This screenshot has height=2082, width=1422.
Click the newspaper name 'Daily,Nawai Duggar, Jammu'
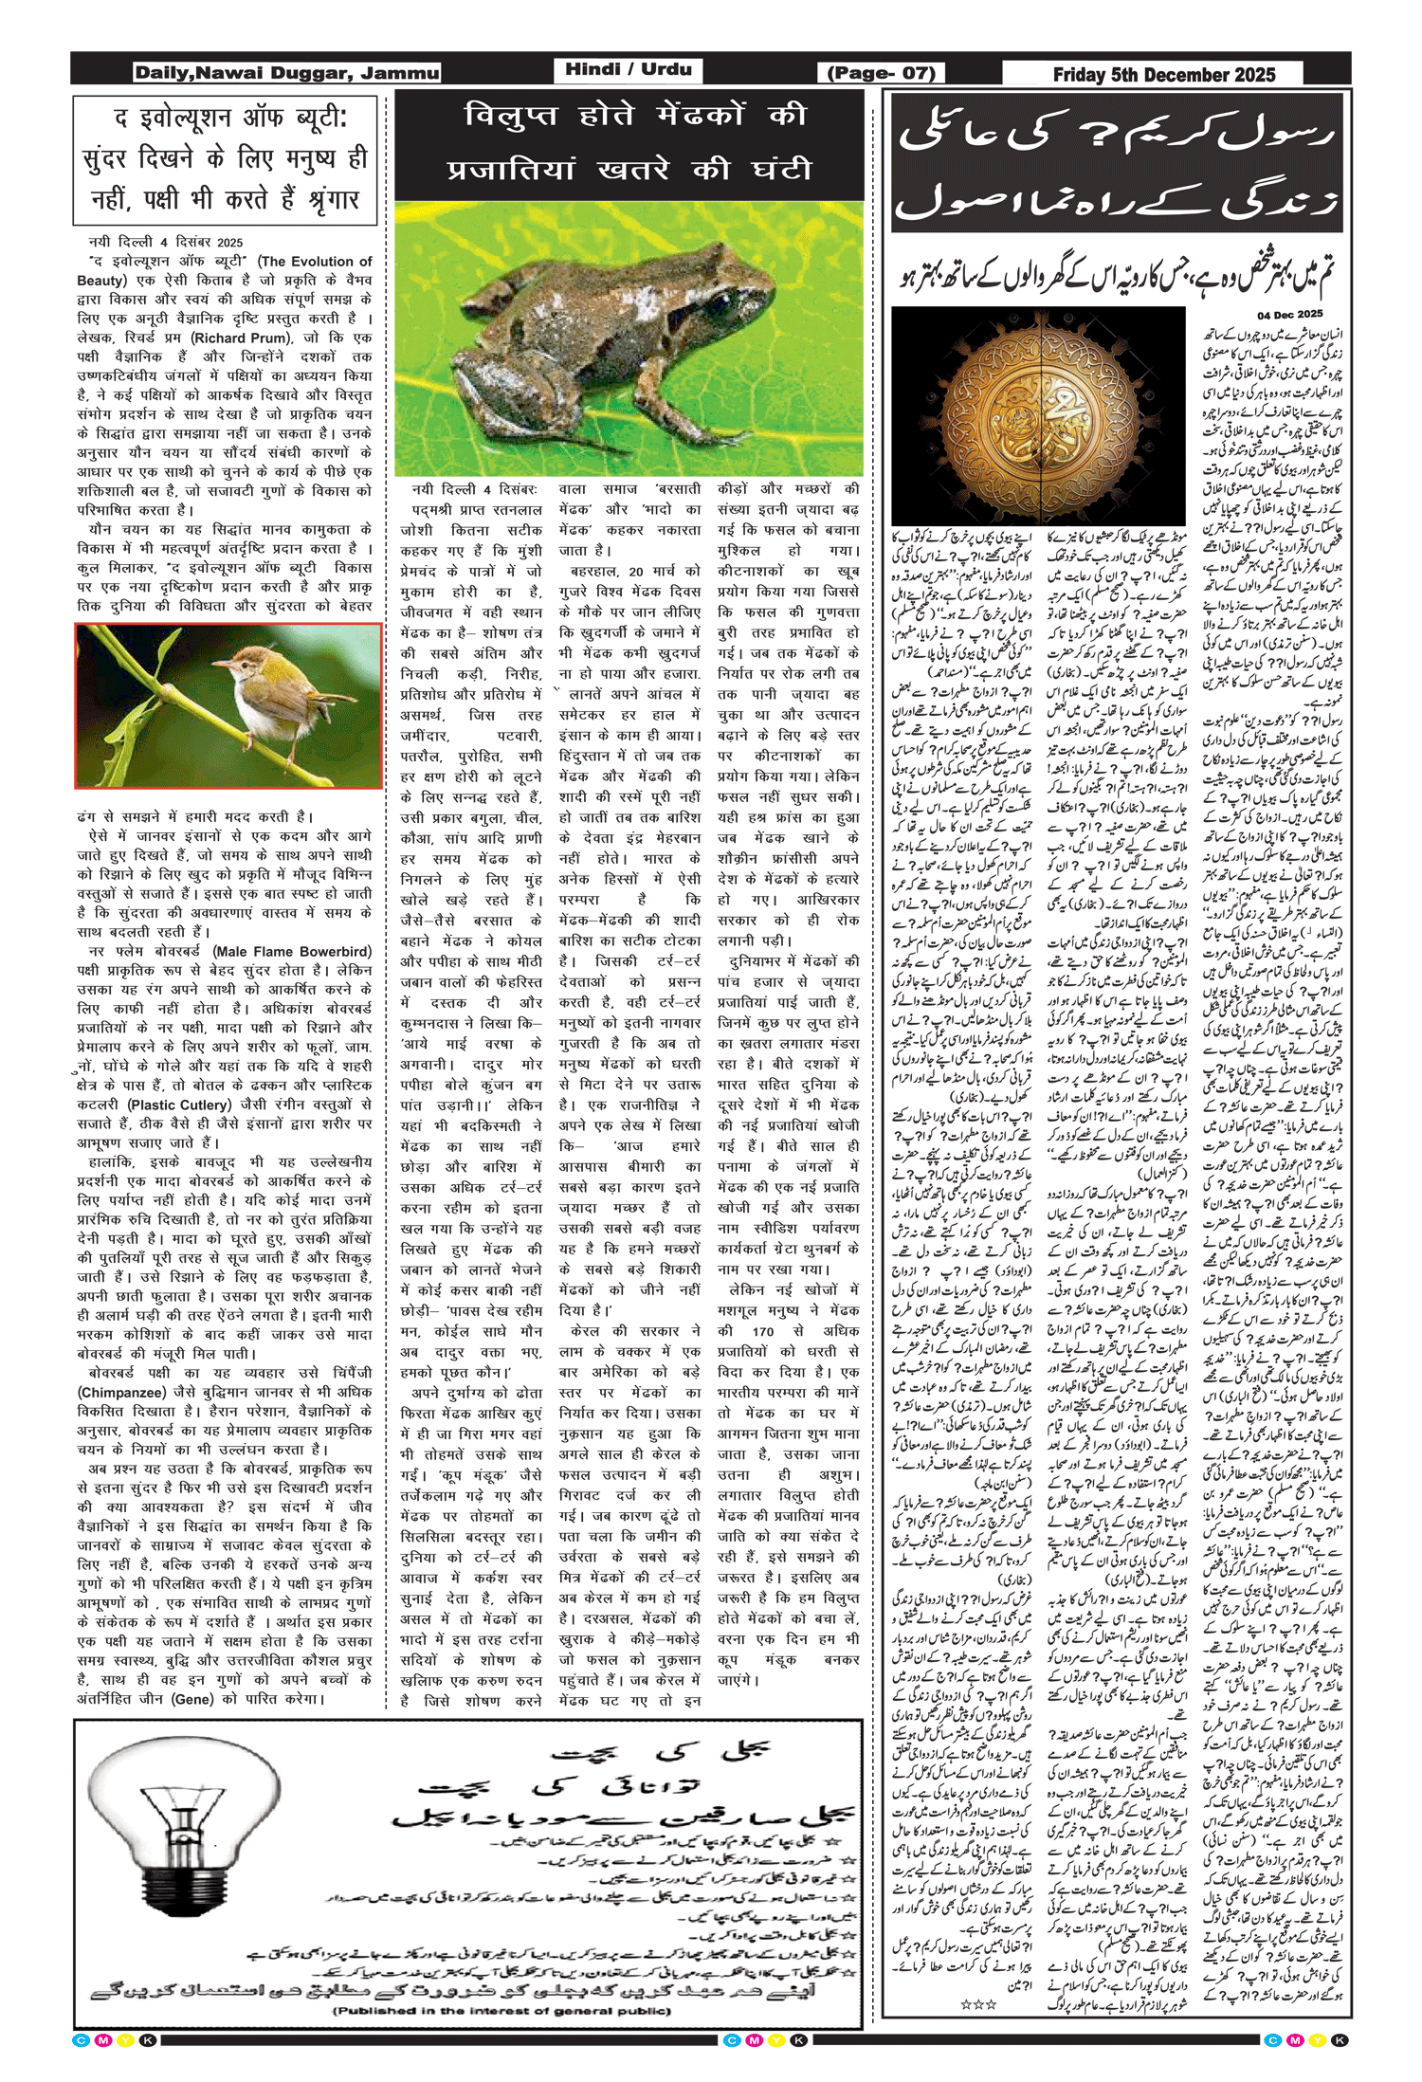(x=286, y=73)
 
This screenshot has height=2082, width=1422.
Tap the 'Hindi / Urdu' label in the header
(x=628, y=69)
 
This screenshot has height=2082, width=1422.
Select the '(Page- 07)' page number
(x=881, y=73)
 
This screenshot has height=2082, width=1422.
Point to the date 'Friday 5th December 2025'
(x=1163, y=74)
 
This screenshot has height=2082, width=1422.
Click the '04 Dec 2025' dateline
(x=1289, y=314)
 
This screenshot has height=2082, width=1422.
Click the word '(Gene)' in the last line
(x=192, y=1699)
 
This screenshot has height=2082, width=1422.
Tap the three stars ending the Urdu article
(x=978, y=2004)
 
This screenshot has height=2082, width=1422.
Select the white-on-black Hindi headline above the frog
(x=629, y=142)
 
